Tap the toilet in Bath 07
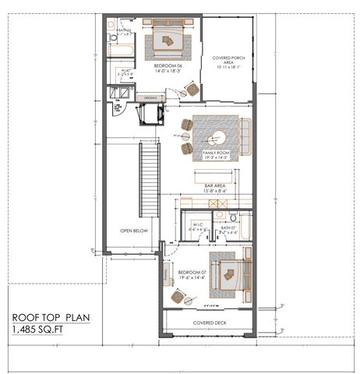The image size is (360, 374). (221, 215)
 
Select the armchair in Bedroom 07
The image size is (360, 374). (178, 298)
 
